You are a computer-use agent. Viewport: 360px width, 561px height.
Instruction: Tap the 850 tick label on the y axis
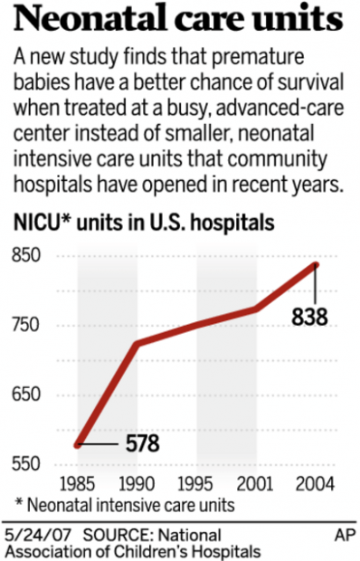coord(29,257)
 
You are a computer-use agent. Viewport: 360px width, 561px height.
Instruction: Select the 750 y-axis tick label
coord(29,326)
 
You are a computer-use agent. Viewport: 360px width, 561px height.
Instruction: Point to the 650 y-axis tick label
coord(29,395)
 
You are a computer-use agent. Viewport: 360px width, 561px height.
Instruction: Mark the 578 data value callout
coord(142,444)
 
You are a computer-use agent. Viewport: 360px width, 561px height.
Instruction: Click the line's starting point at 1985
coord(78,444)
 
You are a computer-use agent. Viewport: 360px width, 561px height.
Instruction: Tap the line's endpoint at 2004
coord(316,264)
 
